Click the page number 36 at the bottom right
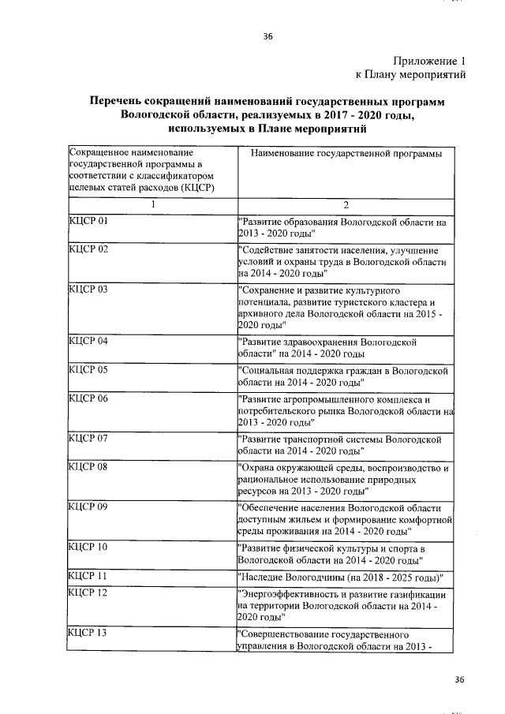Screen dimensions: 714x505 pos(461,679)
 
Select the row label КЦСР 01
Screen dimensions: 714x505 pos(88,222)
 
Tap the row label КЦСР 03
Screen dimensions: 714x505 pos(88,290)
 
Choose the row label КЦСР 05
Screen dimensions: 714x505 pos(88,369)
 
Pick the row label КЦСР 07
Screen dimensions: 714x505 pos(88,438)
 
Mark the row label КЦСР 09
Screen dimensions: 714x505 pos(88,506)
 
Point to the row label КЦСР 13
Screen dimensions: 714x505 pos(88,634)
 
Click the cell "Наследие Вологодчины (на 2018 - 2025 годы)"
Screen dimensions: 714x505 pos(342,576)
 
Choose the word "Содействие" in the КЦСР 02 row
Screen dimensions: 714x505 pos(269,251)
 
